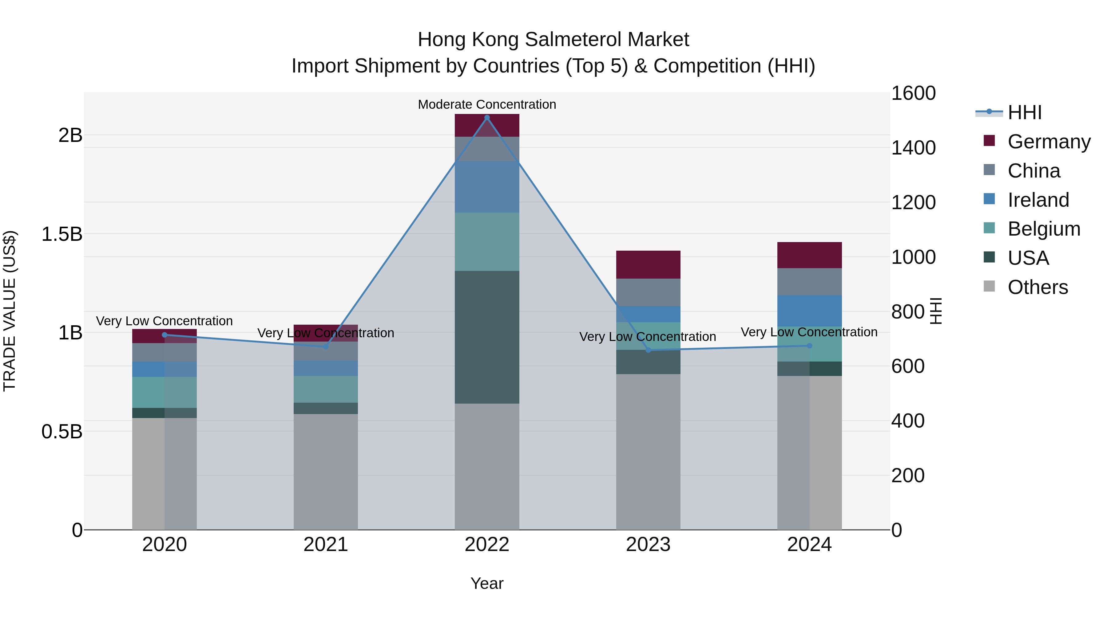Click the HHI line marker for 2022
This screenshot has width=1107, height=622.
click(487, 118)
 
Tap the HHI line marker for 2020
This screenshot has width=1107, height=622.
click(164, 335)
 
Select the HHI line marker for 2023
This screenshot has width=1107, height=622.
click(649, 350)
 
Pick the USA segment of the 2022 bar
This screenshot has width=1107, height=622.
click(487, 337)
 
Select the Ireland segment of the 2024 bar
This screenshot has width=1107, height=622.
click(809, 311)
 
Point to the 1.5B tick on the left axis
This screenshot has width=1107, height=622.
click(61, 234)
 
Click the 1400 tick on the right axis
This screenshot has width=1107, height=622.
click(913, 148)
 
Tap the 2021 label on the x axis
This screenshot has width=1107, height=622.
click(325, 544)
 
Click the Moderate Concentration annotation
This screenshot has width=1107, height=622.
click(487, 104)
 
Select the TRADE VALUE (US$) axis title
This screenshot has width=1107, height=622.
click(10, 311)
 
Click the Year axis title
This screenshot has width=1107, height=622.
click(487, 583)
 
